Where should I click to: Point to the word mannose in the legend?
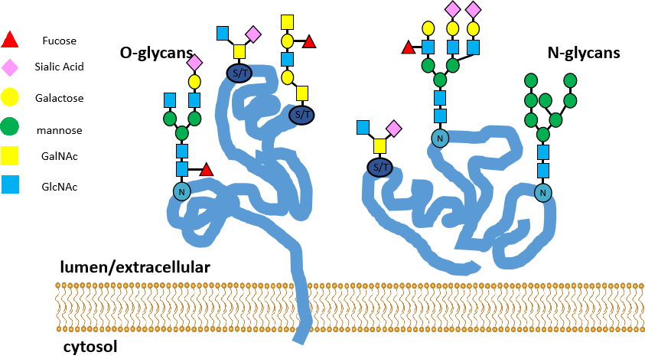[x=59, y=130]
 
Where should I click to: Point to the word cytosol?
[x=90, y=347]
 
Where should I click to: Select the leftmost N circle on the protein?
[x=182, y=192]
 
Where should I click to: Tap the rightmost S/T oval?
[x=380, y=167]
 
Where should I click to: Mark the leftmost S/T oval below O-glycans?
[x=239, y=73]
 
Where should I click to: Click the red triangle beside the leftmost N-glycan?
[x=206, y=170]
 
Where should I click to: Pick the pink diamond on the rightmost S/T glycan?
[x=394, y=127]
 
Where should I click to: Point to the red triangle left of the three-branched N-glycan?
[x=409, y=48]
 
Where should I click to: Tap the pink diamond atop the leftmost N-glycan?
[x=194, y=61]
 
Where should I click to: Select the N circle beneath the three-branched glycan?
[x=440, y=138]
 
